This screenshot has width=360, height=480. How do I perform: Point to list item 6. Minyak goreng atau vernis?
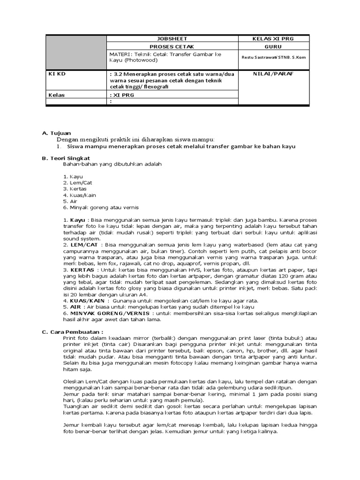pyautogui.click(x=101, y=207)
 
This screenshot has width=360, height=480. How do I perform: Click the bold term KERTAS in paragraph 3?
pyautogui.click(x=83, y=270)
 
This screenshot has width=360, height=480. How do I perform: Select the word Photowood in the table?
pyautogui.click(x=135, y=60)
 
